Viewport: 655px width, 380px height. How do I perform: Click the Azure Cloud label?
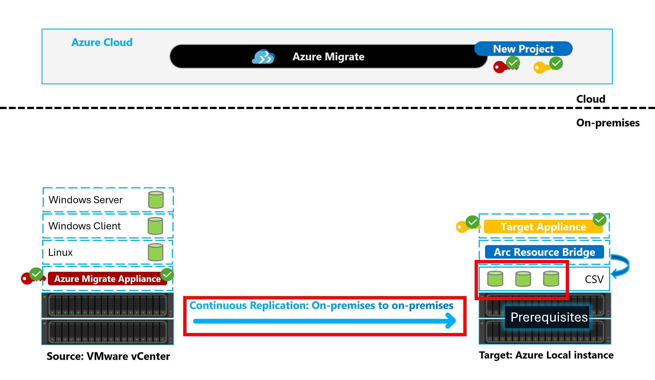tap(102, 42)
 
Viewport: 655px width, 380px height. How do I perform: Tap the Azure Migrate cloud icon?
tap(263, 56)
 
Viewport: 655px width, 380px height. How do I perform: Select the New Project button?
tap(523, 49)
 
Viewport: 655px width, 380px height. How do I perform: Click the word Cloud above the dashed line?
tap(591, 99)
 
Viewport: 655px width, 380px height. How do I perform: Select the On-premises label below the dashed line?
tap(608, 123)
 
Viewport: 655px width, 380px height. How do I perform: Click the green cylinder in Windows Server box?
tap(156, 200)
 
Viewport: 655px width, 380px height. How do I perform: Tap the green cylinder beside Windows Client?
tap(155, 226)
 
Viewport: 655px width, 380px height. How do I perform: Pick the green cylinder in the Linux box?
tap(156, 252)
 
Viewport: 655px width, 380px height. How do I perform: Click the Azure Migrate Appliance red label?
tap(107, 279)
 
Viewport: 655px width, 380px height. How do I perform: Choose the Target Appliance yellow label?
tap(543, 227)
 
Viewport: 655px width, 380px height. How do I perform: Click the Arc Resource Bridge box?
tap(544, 252)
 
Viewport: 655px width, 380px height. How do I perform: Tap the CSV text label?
tap(594, 279)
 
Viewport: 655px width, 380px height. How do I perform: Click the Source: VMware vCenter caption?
tap(108, 356)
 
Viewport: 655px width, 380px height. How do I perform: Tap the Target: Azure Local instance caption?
tap(546, 355)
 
